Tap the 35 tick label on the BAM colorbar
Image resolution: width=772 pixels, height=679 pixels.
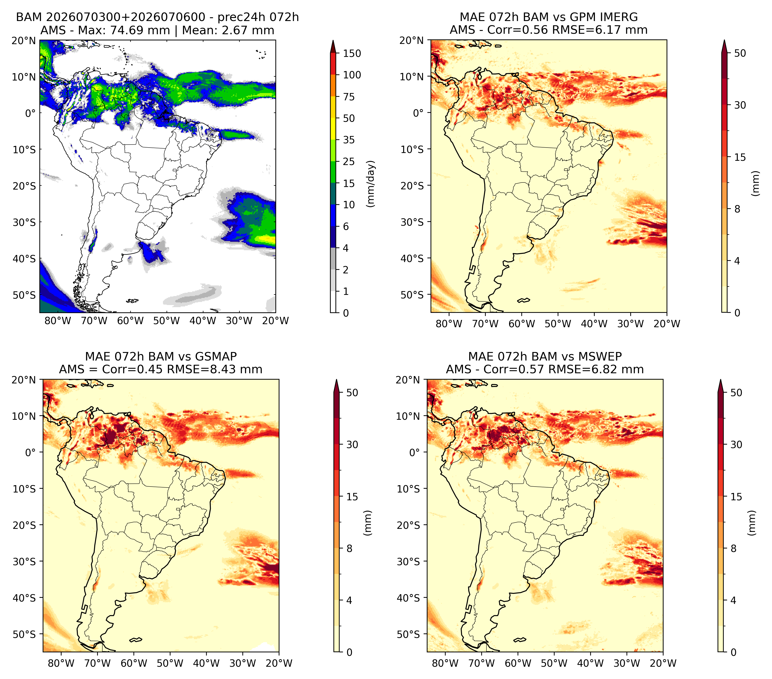(349, 140)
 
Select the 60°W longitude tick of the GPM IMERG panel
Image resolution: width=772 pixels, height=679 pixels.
(522, 324)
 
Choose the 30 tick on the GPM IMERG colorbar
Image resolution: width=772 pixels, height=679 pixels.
(740, 105)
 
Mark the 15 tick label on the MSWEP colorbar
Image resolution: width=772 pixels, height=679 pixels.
(736, 497)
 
